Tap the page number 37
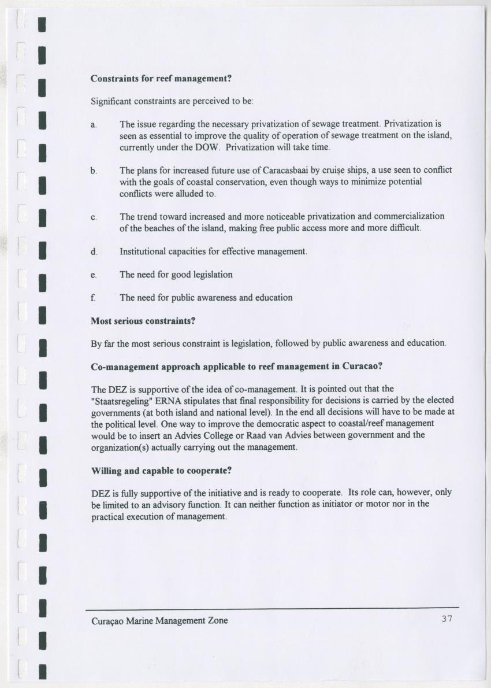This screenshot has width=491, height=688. [x=446, y=619]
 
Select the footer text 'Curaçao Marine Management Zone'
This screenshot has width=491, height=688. [x=159, y=620]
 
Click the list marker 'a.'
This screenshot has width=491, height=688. [x=94, y=124]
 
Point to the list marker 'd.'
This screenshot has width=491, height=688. [x=94, y=252]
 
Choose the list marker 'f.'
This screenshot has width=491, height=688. [x=94, y=298]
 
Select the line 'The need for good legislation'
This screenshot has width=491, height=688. [x=176, y=275]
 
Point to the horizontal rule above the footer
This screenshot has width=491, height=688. [x=272, y=608]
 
